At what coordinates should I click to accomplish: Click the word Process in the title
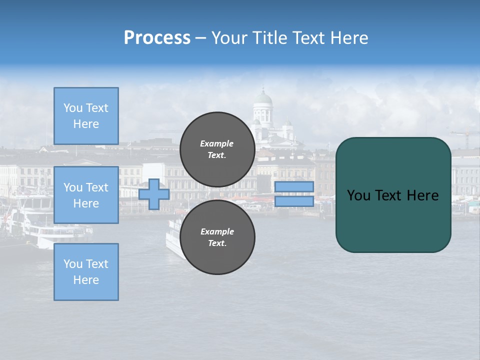[157, 38]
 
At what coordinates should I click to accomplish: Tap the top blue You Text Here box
[86, 116]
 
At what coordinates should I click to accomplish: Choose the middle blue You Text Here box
[86, 195]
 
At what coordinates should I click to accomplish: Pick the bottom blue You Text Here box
[86, 272]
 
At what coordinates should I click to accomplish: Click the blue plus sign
[154, 194]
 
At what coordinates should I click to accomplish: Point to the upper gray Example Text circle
[217, 149]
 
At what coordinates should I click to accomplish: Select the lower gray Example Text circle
[217, 237]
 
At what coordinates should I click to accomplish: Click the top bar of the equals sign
[294, 187]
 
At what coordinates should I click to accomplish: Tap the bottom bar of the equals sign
[294, 201]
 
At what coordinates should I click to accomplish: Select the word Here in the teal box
[422, 195]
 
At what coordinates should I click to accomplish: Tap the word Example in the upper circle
[216, 143]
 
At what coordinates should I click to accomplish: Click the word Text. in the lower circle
[216, 243]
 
